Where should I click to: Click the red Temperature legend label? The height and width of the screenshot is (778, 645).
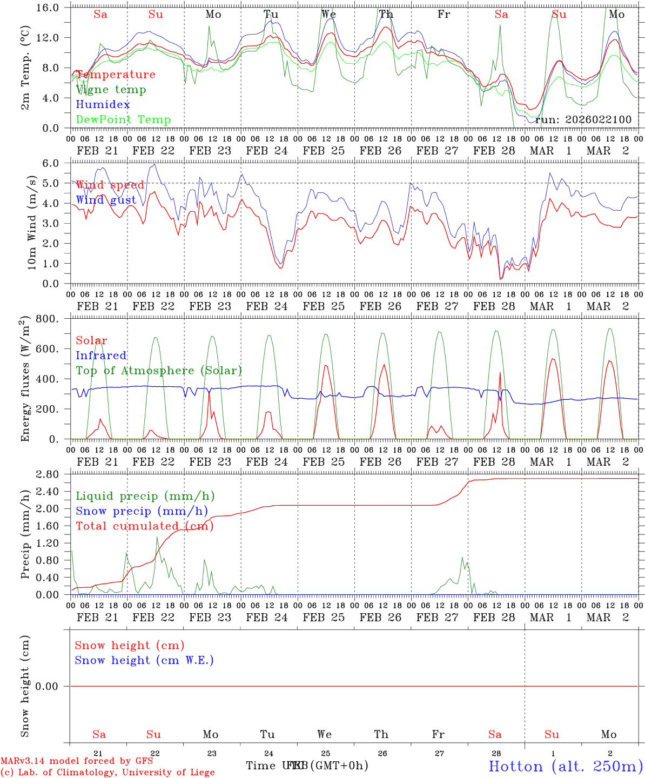click(x=116, y=75)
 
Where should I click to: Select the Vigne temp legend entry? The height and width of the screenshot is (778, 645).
click(x=111, y=90)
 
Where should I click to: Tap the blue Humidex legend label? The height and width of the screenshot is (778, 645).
click(x=103, y=105)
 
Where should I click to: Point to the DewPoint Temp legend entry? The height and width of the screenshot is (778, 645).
click(x=123, y=120)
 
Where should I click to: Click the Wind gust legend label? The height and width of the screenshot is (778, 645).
click(x=106, y=200)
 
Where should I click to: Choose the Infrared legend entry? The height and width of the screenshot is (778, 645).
click(x=101, y=356)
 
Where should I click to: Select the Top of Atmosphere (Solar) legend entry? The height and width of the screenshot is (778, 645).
click(x=159, y=371)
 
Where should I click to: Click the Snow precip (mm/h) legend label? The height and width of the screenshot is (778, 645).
click(x=142, y=511)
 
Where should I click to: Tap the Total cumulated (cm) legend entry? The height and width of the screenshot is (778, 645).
click(x=144, y=526)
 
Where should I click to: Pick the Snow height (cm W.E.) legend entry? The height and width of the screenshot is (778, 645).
click(x=144, y=660)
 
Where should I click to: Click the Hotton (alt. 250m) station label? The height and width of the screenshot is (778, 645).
click(x=566, y=766)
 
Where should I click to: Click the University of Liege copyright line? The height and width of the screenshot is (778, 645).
click(x=107, y=773)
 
